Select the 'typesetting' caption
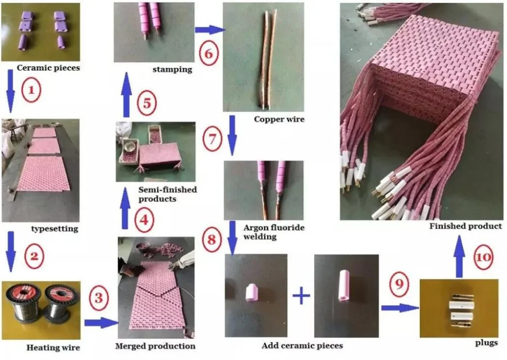click(x=55, y=229)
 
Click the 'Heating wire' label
click(x=53, y=348)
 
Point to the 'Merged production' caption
click(x=156, y=346)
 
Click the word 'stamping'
click(x=172, y=69)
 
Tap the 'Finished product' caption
click(x=465, y=226)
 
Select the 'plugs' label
click(x=486, y=343)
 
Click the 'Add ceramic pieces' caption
click(x=302, y=346)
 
